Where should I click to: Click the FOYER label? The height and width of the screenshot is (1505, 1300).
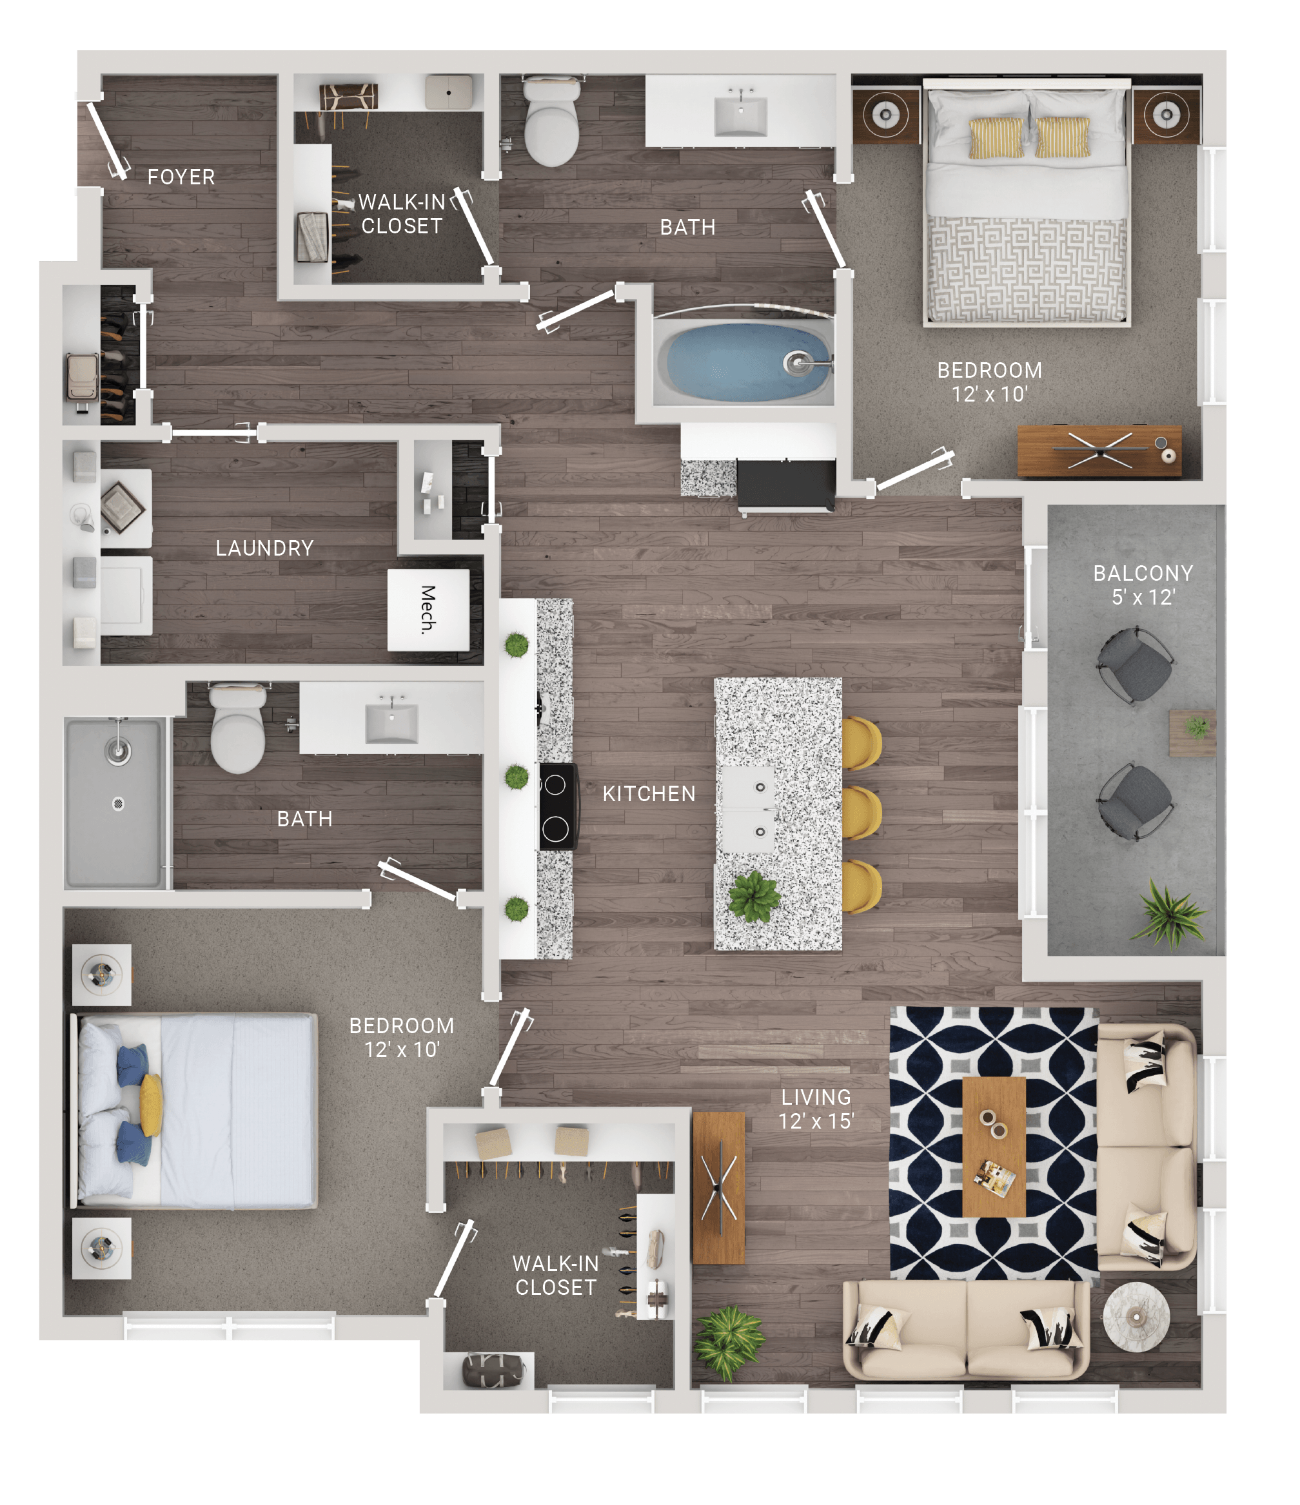(181, 177)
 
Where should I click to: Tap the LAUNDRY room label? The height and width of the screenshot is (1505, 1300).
(264, 548)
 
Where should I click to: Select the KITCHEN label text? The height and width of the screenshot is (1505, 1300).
(649, 793)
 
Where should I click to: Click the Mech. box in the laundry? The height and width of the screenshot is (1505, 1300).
(428, 610)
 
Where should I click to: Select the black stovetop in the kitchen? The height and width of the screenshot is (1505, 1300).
(557, 806)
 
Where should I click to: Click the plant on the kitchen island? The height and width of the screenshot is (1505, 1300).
(754, 897)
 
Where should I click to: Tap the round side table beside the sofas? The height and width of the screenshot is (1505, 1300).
(1136, 1316)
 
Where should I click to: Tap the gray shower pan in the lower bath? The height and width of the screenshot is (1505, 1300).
(113, 804)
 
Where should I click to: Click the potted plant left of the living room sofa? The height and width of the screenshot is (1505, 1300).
(729, 1343)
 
